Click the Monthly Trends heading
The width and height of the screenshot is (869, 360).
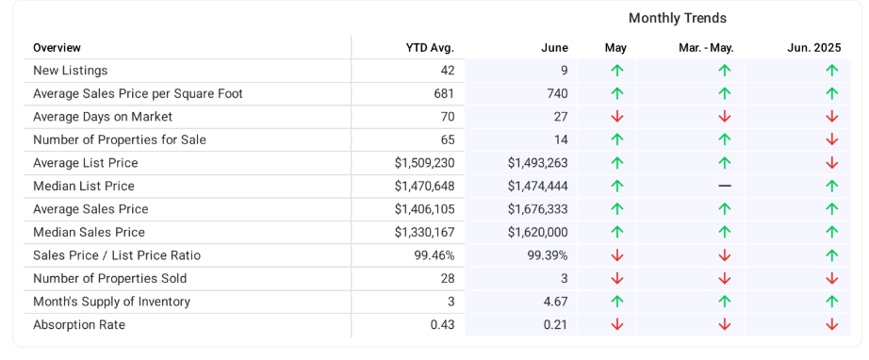pyautogui.click(x=678, y=18)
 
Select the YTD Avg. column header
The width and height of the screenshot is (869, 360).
pyautogui.click(x=430, y=48)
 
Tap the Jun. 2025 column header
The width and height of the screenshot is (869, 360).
pyautogui.click(x=814, y=48)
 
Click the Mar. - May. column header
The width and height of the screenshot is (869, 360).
pyautogui.click(x=706, y=48)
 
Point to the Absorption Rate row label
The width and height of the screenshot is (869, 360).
pyautogui.click(x=78, y=324)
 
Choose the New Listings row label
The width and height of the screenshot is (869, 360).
pyautogui.click(x=71, y=71)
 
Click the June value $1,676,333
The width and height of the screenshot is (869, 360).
pyautogui.click(x=537, y=209)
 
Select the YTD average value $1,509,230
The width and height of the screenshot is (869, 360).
pyautogui.click(x=424, y=163)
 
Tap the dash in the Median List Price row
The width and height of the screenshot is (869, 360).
pyautogui.click(x=725, y=186)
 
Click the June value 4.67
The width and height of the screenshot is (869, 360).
pyautogui.click(x=555, y=302)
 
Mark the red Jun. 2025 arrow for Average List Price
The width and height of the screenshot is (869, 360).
pyautogui.click(x=832, y=163)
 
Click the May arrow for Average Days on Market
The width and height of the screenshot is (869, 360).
pyautogui.click(x=616, y=117)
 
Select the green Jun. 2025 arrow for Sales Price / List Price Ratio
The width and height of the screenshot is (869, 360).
pyautogui.click(x=832, y=255)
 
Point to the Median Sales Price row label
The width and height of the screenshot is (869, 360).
pyautogui.click(x=89, y=232)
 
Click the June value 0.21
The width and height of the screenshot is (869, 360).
pyautogui.click(x=555, y=324)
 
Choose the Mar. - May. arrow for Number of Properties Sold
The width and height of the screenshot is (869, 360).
pyautogui.click(x=725, y=279)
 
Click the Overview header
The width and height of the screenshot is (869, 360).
pyautogui.click(x=57, y=48)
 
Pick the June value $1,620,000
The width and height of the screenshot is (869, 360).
pyautogui.click(x=537, y=232)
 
